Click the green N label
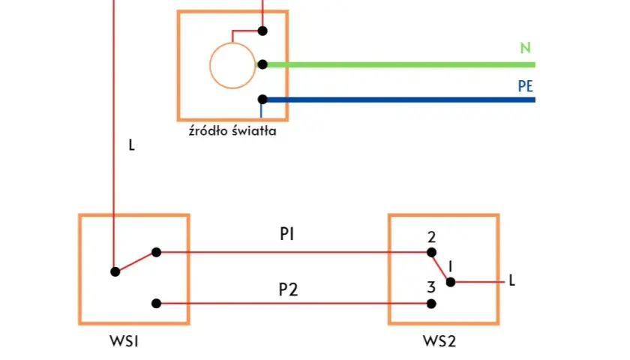pyautogui.click(x=526, y=48)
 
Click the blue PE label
pyautogui.click(x=526, y=86)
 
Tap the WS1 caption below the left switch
pyautogui.click(x=124, y=341)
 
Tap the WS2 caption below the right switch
pyautogui.click(x=439, y=341)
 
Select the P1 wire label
pyautogui.click(x=286, y=234)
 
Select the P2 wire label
pyautogui.click(x=289, y=289)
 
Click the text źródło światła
pyautogui.click(x=232, y=131)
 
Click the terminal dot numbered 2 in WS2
pyautogui.click(x=431, y=253)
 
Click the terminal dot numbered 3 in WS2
pyautogui.click(x=431, y=304)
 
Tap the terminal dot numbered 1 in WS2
pyautogui.click(x=451, y=282)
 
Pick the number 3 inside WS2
pyautogui.click(x=431, y=288)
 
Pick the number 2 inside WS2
pyautogui.click(x=431, y=238)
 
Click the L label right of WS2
pyautogui.click(x=511, y=280)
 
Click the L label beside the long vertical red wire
pyautogui.click(x=131, y=145)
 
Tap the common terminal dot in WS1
pyautogui.click(x=115, y=272)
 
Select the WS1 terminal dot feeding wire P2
pyautogui.click(x=156, y=304)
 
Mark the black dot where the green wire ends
pyautogui.click(x=262, y=64)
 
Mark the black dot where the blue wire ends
pyautogui.click(x=262, y=99)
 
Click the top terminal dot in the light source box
pyautogui.click(x=262, y=31)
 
